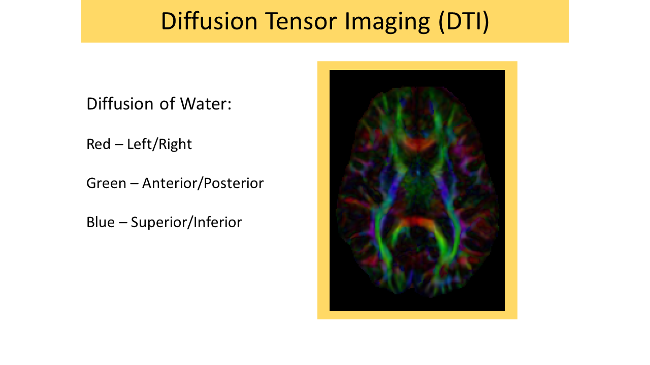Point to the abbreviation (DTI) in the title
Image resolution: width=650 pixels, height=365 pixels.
pyautogui.click(x=464, y=21)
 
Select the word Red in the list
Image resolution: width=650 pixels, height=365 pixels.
pyautogui.click(x=98, y=144)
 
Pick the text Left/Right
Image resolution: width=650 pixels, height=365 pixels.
pyautogui.click(x=159, y=144)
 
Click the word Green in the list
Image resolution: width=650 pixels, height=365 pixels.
pyautogui.click(x=106, y=183)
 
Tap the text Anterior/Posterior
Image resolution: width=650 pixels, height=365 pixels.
pyautogui.click(x=203, y=183)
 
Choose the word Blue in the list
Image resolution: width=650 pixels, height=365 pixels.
pyautogui.click(x=100, y=222)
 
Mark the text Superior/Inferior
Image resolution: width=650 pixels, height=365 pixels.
pyautogui.click(x=186, y=222)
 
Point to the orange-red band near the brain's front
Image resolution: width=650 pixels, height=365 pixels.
pyautogui.click(x=418, y=144)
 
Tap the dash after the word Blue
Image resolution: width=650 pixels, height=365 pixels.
pyautogui.click(x=122, y=223)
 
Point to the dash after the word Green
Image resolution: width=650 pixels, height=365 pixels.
pyautogui.click(x=134, y=184)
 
